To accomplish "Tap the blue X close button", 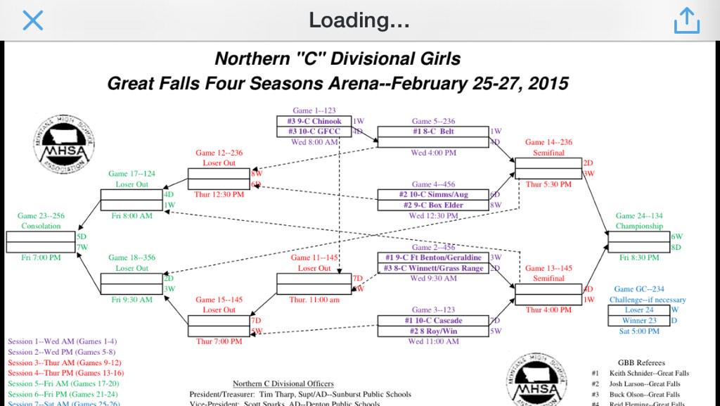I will tap(33, 21).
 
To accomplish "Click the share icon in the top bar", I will tap(686, 22).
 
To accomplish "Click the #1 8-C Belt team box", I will tap(433, 132).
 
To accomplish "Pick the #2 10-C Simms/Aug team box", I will tap(433, 195).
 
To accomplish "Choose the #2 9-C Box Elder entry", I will tap(433, 205).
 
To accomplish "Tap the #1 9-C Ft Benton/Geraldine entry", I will tap(433, 258).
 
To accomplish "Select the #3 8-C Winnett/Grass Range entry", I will tap(433, 268).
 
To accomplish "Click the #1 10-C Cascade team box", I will tap(433, 321).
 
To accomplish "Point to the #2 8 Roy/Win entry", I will tap(433, 331).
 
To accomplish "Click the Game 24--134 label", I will tap(639, 216).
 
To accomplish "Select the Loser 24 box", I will tap(639, 310).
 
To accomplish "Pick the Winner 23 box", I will tap(639, 320).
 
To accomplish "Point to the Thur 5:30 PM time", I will tap(545, 184).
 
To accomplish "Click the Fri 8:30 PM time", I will tap(639, 258).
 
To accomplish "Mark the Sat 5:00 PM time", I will tap(639, 331).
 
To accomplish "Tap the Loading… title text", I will tap(359, 20).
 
